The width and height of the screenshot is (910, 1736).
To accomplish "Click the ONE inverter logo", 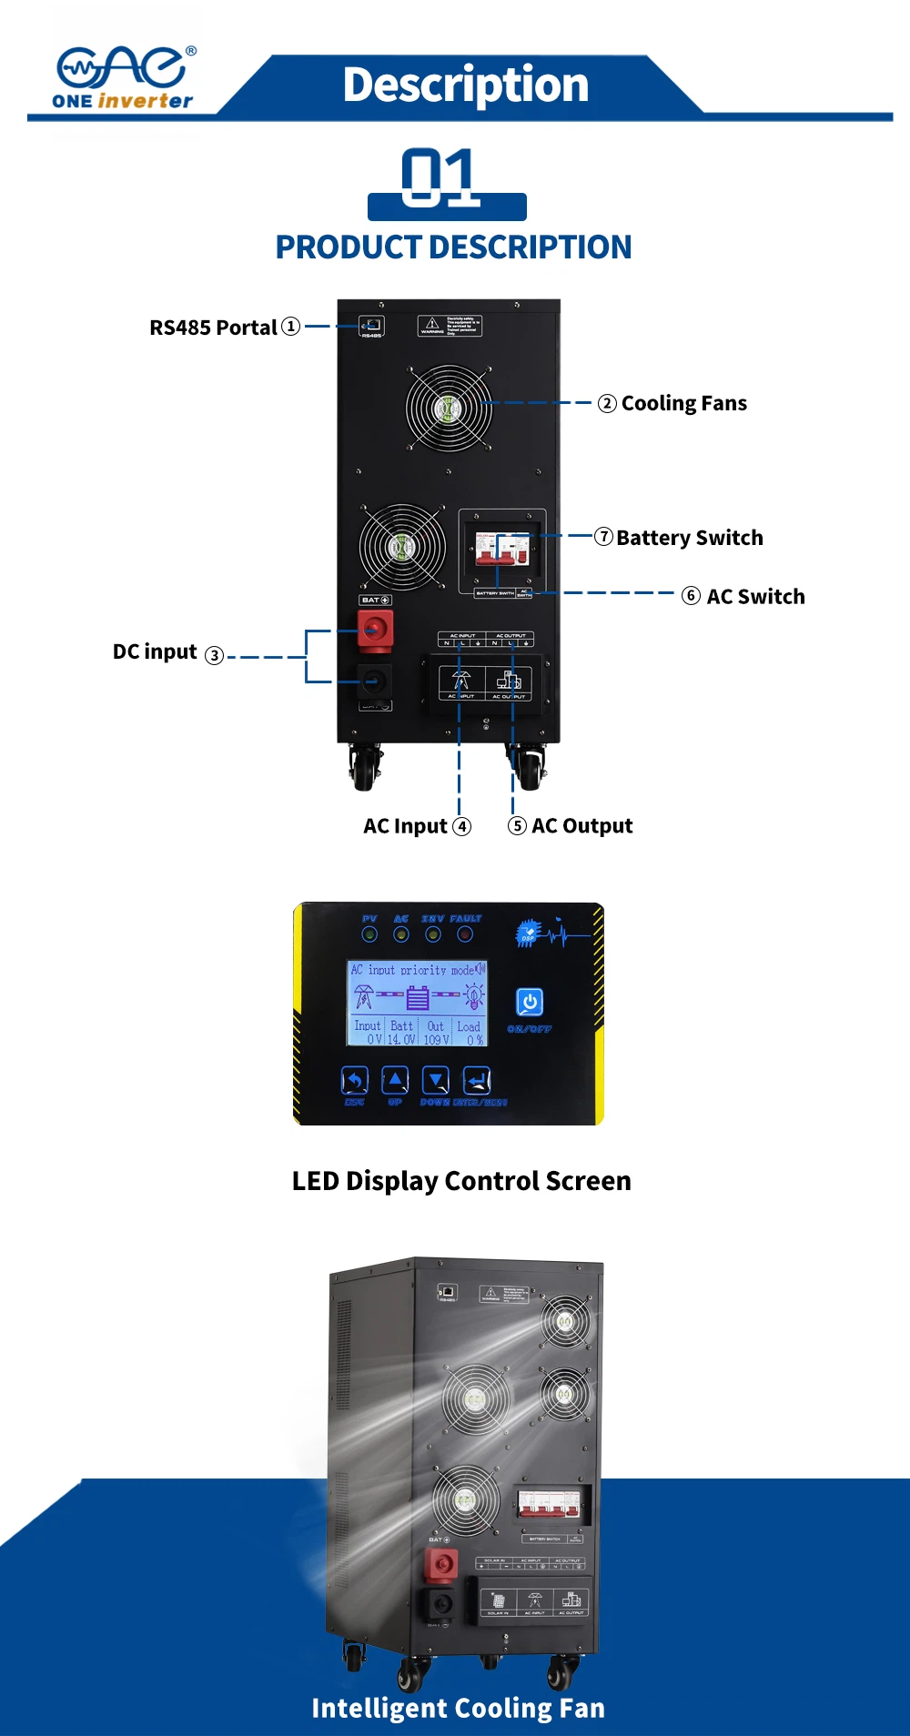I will click(124, 78).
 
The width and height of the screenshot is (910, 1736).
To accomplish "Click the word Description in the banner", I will click(465, 85).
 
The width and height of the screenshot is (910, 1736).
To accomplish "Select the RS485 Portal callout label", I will click(214, 328).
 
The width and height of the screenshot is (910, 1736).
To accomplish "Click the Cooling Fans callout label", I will click(683, 403).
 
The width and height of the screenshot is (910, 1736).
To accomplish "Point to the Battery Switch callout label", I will click(689, 538).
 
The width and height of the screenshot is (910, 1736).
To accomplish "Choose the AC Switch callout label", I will click(755, 597).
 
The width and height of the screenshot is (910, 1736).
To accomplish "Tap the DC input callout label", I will click(156, 652).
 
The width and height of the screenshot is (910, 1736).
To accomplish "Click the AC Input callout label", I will click(406, 826).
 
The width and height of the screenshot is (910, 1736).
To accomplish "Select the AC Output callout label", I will click(581, 826).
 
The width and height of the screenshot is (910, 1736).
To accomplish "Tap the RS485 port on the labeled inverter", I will click(372, 326).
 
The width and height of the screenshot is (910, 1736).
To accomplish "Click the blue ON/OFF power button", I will click(530, 1002).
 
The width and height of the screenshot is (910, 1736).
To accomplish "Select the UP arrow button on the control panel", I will click(395, 1081).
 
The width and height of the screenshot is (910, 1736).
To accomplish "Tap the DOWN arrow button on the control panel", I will click(437, 1081).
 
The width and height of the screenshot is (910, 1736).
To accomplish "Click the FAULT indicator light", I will click(465, 934).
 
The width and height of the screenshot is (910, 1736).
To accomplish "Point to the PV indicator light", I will click(369, 934).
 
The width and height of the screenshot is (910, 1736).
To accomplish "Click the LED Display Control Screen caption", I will click(461, 1181).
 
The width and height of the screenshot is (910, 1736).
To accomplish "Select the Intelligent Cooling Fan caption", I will click(458, 1708).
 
